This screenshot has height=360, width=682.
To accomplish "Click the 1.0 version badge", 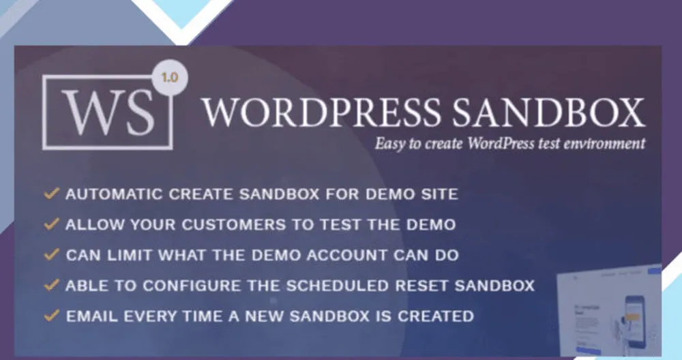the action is click(170, 78).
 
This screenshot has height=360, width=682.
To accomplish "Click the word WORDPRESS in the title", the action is click(321, 112).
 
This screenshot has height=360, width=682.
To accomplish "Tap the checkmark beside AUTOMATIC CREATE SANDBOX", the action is click(51, 194).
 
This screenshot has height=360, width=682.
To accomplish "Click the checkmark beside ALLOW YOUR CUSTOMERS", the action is click(51, 224).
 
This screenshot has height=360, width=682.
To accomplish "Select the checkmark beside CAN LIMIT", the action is click(51, 254).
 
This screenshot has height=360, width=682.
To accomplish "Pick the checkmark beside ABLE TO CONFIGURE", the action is click(51, 285).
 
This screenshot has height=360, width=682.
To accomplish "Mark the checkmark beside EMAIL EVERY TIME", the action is click(51, 316).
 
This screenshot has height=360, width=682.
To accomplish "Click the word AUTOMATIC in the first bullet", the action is click(114, 194).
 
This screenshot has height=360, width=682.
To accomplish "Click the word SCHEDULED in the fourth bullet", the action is click(338, 286).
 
